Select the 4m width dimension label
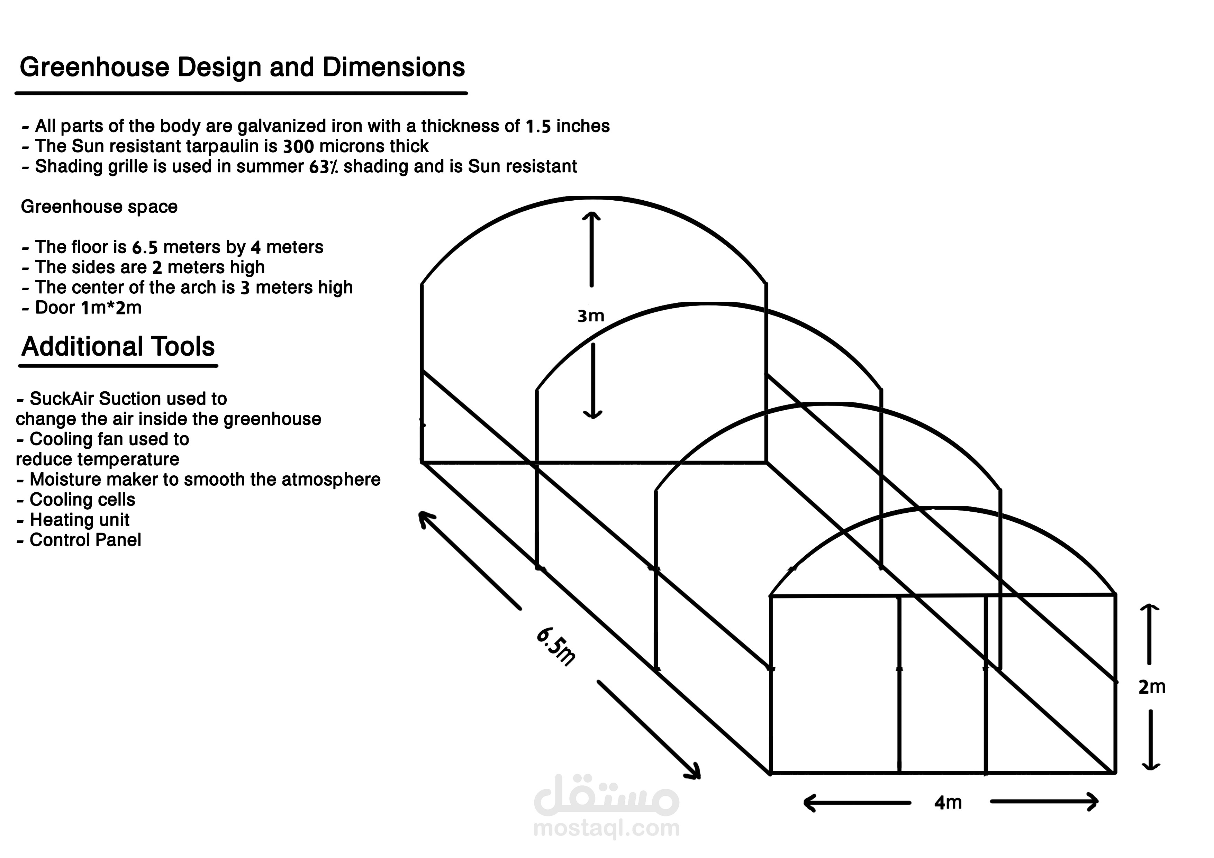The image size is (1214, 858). coord(948,803)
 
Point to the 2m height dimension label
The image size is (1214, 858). coord(1152,687)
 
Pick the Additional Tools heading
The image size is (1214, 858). coord(118,347)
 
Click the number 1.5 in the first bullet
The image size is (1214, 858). coord(538,126)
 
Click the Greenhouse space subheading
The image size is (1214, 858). coord(99,207)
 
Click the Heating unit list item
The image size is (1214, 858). coord(79,520)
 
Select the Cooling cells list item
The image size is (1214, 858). coord(82,500)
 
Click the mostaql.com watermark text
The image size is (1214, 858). coord(606,828)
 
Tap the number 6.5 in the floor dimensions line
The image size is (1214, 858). coord(144,247)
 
